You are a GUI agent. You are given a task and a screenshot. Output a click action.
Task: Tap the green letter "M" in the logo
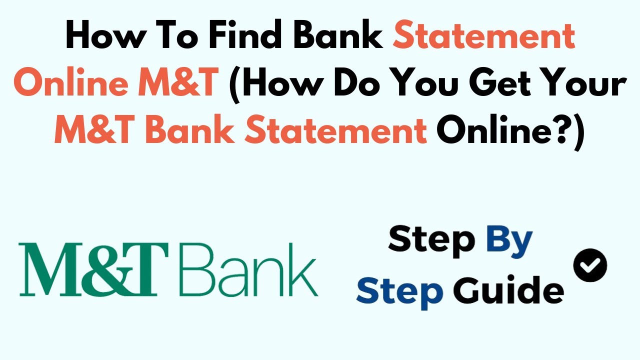(46, 270)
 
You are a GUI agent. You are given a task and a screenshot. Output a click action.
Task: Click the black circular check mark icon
(590, 264)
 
